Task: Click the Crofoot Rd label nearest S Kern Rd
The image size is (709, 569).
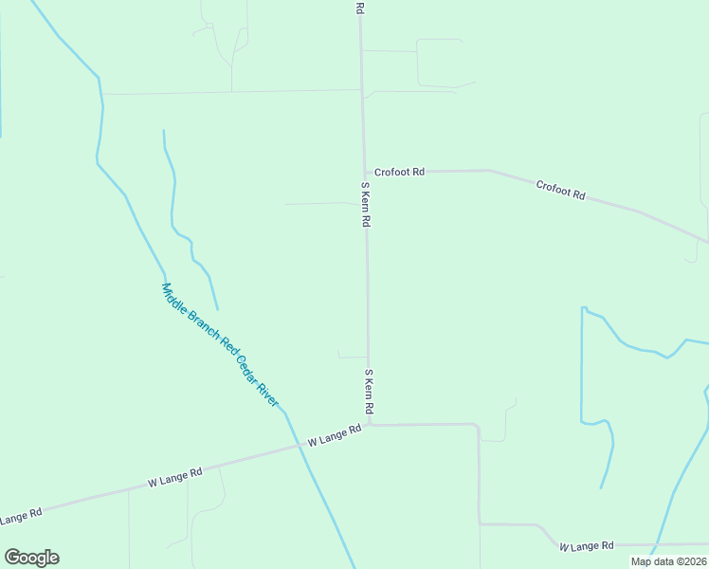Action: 399,172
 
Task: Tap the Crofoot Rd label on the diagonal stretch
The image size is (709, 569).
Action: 560,189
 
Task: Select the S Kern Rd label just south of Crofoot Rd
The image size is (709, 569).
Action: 365,204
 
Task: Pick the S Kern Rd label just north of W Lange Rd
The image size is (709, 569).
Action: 370,391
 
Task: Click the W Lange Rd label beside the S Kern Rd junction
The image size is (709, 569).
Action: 335,436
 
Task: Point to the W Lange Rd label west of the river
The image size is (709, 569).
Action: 176,477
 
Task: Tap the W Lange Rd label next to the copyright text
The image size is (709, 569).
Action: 587,546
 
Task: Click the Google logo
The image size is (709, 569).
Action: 31,558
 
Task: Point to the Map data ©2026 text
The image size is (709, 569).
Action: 668,561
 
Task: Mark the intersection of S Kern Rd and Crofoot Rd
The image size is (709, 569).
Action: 364,173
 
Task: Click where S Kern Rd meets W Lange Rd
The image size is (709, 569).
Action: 369,425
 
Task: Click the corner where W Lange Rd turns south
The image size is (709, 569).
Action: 478,426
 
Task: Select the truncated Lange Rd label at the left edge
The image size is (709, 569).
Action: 21,516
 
